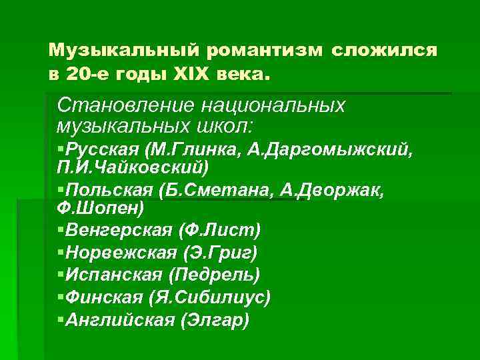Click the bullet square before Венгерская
pos(61,230)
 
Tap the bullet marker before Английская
pos(61,320)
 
